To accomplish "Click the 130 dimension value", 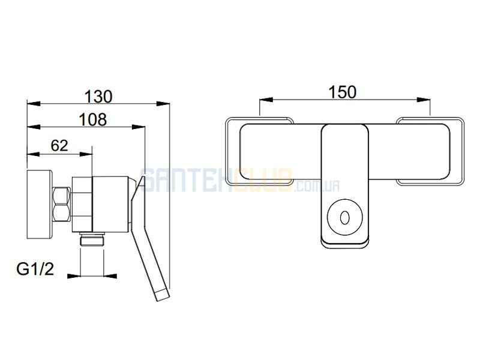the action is click(98, 97).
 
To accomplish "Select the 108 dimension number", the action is click(93, 119).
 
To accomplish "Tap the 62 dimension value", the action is click(59, 146).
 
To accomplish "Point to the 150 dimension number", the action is click(343, 92).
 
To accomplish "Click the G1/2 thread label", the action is click(35, 269).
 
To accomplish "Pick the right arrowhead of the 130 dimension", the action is click(163, 104).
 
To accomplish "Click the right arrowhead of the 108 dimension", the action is click(139, 127).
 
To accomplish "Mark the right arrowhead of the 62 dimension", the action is click(86, 154).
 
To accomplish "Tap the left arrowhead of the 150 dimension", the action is click(266, 100).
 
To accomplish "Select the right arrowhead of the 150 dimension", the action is click(424, 100).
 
